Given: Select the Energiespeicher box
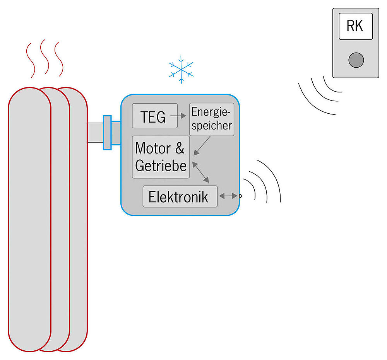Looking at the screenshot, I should coord(212,119).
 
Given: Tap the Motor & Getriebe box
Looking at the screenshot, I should coord(161,157).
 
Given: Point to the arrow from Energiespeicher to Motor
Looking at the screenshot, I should coord(202,145).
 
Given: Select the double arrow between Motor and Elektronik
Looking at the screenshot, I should coord(200,172).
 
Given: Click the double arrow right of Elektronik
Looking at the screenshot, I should coord(228,196).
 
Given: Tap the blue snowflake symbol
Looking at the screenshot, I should coord(181,70).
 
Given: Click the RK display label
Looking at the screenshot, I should coord(355,26).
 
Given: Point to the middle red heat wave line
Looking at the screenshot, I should coord(45,58).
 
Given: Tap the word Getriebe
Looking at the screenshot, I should coord(161,165).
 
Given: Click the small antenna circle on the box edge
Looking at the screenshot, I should coord(240,196).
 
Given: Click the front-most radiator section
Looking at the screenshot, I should coord(29,220).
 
